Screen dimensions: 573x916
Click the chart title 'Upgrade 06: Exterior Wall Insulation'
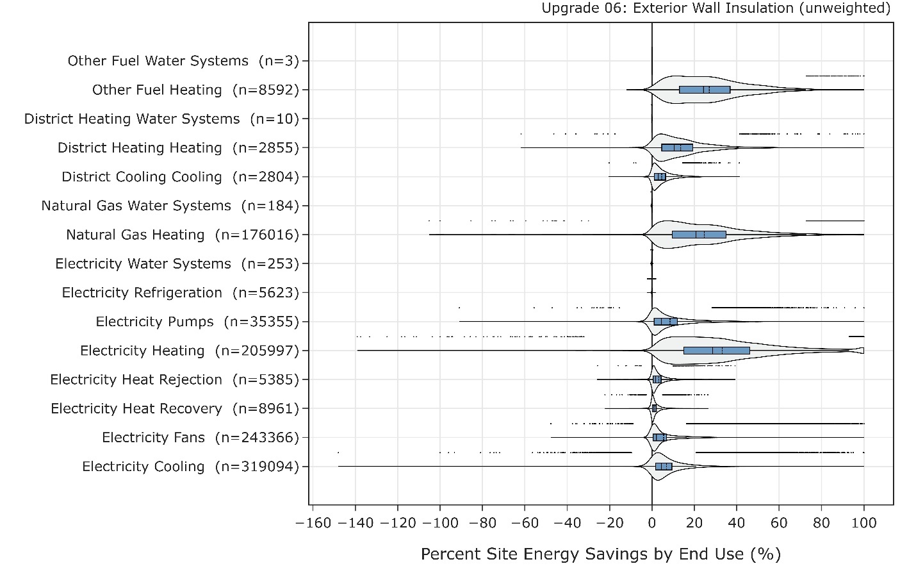point(716,8)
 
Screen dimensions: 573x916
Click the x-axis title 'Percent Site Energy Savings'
point(600,554)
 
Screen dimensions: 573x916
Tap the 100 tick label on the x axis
point(864,522)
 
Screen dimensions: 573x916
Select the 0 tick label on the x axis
point(652,522)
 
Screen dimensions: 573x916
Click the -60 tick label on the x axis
point(525,522)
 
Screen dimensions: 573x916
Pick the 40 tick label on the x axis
point(737,522)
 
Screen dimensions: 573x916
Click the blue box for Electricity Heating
point(716,351)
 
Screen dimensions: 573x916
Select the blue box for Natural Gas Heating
point(699,235)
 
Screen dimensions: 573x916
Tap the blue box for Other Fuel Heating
point(705,90)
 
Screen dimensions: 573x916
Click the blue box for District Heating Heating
point(677,147)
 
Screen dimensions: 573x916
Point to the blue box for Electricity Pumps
point(666,321)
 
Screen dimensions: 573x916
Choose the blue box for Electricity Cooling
point(664,467)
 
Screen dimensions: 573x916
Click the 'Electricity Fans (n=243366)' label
point(200,438)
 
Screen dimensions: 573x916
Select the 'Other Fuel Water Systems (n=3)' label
point(183,61)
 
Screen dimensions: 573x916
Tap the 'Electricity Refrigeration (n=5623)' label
point(180,293)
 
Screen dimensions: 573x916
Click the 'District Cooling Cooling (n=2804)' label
point(180,177)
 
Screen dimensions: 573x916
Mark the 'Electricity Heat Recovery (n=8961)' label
point(175,409)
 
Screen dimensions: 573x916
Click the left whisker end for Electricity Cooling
point(338,467)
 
